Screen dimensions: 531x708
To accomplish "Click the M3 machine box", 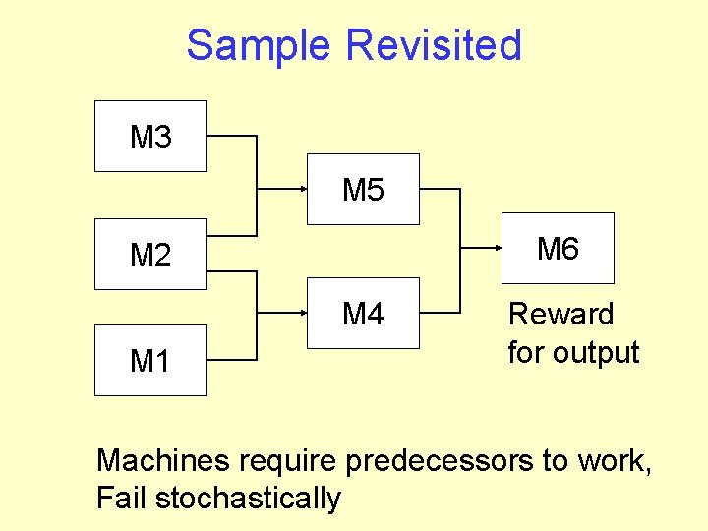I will click(150, 137).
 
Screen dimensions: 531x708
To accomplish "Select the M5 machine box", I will click(363, 190).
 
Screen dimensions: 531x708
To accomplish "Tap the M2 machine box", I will click(150, 255).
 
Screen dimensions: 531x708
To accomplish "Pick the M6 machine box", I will click(558, 249).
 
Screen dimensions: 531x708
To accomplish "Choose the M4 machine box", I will click(363, 314).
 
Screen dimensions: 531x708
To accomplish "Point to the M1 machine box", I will click(150, 361).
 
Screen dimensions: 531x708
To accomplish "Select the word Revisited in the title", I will click(434, 45).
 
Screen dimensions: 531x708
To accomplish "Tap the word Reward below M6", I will click(560, 315).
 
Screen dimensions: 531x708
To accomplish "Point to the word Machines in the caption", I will click(163, 459).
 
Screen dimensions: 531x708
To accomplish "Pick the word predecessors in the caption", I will click(457, 459).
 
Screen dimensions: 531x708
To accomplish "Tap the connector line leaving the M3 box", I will click(232, 137).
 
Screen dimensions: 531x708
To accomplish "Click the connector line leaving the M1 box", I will click(232, 361).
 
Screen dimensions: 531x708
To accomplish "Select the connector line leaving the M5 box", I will click(440, 188).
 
